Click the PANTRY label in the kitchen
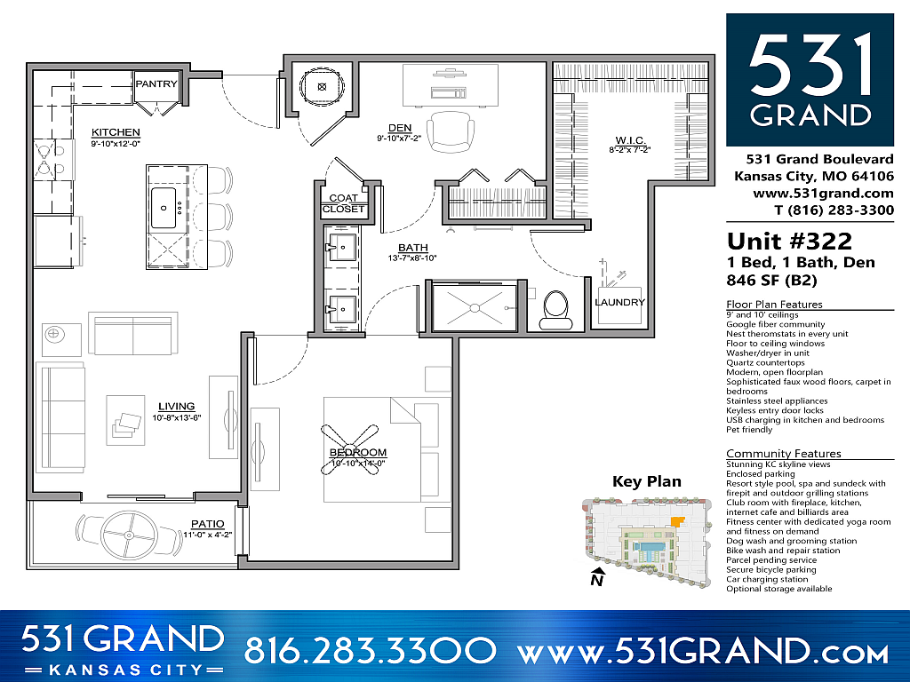tap(156, 84)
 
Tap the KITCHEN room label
tap(116, 133)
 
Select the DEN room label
tap(399, 127)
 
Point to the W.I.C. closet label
tap(630, 140)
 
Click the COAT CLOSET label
tap(343, 203)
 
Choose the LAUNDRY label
tap(620, 302)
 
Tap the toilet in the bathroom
tap(555, 309)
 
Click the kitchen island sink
tap(164, 206)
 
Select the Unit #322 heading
tap(789, 242)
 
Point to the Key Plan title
tap(647, 481)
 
